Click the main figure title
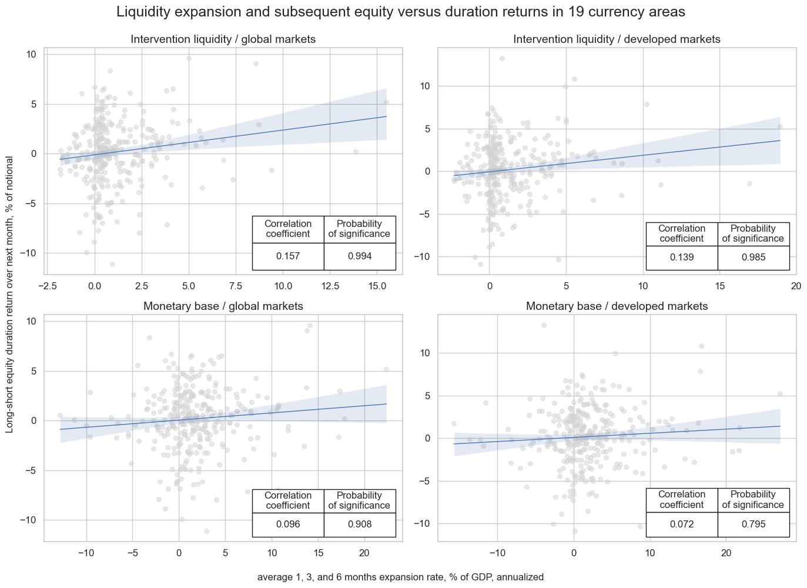[x=401, y=12]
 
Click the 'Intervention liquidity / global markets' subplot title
[x=223, y=39]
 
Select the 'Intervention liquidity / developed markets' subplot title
[x=617, y=39]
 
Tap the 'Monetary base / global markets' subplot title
[x=223, y=306]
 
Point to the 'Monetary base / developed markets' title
[x=617, y=306]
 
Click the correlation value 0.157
[x=288, y=256]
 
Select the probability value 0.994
[x=359, y=256]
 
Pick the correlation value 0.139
[x=682, y=258]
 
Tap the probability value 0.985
[x=753, y=258]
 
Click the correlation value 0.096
[x=288, y=524]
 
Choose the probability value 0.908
[x=359, y=524]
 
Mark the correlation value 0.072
[x=682, y=524]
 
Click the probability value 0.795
[x=753, y=524]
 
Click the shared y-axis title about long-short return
[x=10, y=295]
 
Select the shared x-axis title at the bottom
[x=400, y=577]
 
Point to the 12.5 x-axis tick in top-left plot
[x=329, y=286]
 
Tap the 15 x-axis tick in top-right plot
[x=719, y=286]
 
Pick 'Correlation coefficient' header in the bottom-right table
[x=682, y=499]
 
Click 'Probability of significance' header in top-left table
[x=359, y=229]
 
